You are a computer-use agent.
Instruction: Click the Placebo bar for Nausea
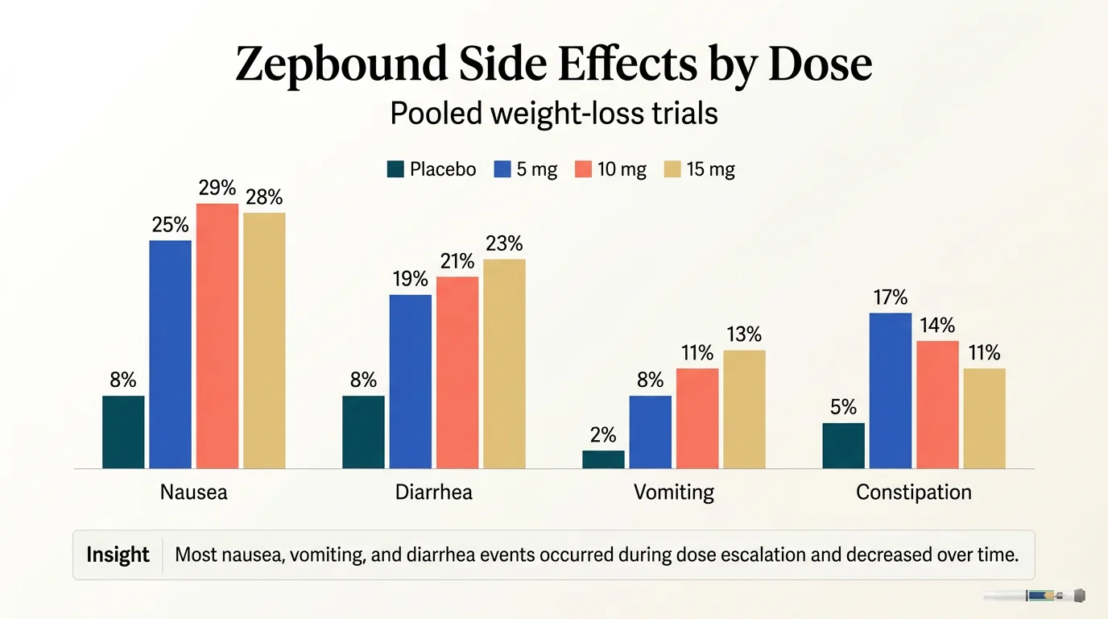tap(123, 432)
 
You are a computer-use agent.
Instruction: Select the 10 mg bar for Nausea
tap(217, 336)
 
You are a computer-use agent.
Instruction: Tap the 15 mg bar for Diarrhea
tap(504, 364)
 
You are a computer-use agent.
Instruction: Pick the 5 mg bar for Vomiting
tap(650, 432)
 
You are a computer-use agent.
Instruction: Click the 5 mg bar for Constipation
tap(890, 391)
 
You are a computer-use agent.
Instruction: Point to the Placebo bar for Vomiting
tap(603, 459)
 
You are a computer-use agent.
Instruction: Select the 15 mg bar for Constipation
tap(984, 418)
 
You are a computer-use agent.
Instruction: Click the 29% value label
tap(217, 189)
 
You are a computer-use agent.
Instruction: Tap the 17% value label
tap(890, 297)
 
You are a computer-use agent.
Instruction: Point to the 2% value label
tap(603, 435)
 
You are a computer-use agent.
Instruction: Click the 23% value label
tap(504, 243)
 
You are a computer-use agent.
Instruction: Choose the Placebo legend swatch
tap(395, 169)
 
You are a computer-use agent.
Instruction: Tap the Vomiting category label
tap(674, 492)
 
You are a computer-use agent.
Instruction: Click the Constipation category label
tap(913, 492)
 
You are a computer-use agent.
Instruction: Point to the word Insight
tap(118, 555)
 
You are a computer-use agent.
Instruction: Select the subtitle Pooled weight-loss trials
tap(553, 114)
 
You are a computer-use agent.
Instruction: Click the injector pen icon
tap(1035, 596)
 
